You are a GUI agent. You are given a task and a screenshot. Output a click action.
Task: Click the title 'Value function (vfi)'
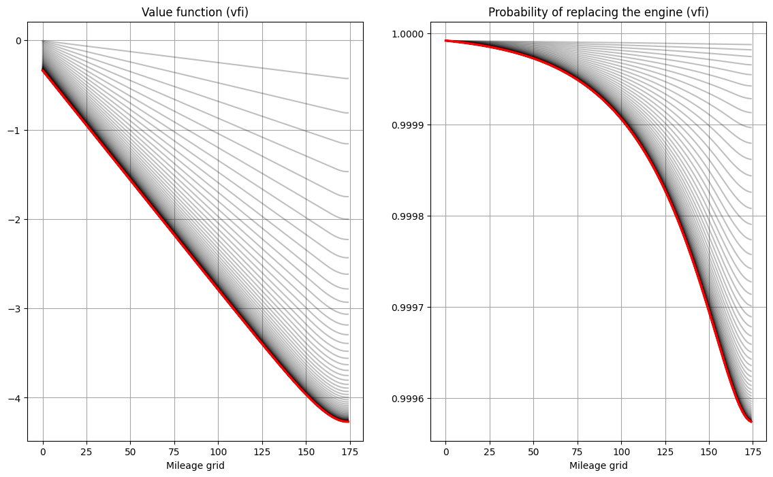click(194, 12)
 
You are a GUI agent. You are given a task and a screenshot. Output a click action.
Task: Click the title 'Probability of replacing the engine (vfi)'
click(598, 12)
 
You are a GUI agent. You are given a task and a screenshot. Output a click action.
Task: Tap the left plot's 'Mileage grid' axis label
click(195, 466)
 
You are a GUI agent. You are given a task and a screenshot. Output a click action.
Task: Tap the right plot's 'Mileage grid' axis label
click(598, 466)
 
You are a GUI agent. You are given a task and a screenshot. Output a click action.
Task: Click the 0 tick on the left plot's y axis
click(18, 40)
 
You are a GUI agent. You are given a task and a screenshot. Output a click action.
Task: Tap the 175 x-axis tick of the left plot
click(349, 451)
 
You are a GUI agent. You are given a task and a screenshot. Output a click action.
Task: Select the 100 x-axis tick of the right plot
click(621, 451)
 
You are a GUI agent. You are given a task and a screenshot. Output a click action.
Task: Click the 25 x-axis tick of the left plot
click(86, 451)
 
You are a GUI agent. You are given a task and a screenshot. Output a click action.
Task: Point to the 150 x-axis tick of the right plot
click(709, 451)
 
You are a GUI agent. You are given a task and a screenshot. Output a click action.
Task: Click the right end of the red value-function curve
click(348, 422)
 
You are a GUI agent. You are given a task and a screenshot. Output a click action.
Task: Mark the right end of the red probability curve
click(751, 422)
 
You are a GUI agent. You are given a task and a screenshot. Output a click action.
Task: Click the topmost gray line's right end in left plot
click(348, 78)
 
